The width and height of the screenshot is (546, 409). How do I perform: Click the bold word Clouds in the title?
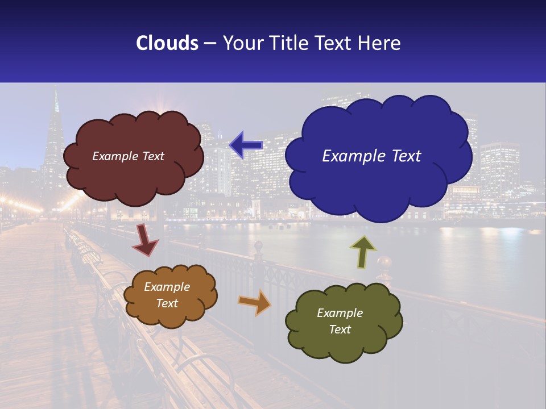pos(167,43)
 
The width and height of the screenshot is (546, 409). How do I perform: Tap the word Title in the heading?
pos(288,43)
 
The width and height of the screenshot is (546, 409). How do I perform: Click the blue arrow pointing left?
pos(246,145)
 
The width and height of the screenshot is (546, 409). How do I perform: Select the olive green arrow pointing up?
pos(363,251)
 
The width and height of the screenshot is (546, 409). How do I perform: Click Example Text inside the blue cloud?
pos(371,156)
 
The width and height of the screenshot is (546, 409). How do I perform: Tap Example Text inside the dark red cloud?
pos(128,156)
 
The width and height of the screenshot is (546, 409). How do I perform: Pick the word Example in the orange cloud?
pos(167,287)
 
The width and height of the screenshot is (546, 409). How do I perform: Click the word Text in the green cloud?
pos(340,329)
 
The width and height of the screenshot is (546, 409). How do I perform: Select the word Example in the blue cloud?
pos(350,156)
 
